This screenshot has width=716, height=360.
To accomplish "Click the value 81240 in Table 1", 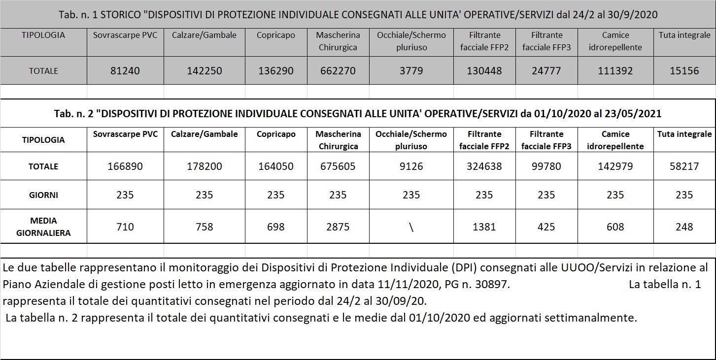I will tap(125, 71).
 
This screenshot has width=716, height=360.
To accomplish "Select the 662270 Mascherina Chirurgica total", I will tap(338, 71).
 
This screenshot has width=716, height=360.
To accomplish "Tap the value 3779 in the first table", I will tap(411, 71).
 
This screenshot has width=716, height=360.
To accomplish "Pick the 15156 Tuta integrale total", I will tap(684, 71).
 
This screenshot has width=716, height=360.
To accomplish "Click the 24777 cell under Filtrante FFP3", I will tap(546, 71).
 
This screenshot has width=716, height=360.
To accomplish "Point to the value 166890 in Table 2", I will tap(125, 166).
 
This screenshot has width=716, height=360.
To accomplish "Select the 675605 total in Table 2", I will tap(338, 166).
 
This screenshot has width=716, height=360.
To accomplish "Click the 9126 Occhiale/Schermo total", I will tap(411, 166).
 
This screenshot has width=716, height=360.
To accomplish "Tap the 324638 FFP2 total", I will tap(484, 166).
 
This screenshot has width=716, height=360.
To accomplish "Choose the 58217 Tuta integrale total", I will tap(684, 166).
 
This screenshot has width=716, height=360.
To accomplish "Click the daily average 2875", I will tap(338, 227).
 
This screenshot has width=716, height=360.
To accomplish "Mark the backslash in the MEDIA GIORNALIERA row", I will tap(411, 228).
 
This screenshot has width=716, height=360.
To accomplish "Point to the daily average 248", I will tap(684, 227).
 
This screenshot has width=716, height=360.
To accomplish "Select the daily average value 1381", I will tap(484, 227).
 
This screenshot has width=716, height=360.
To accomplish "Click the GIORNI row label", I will tap(43, 195).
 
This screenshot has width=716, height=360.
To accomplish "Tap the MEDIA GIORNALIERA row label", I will tap(43, 227).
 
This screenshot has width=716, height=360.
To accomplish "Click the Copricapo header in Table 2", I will tap(276, 134).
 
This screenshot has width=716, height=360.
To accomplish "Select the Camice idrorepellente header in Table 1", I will tap(615, 41).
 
